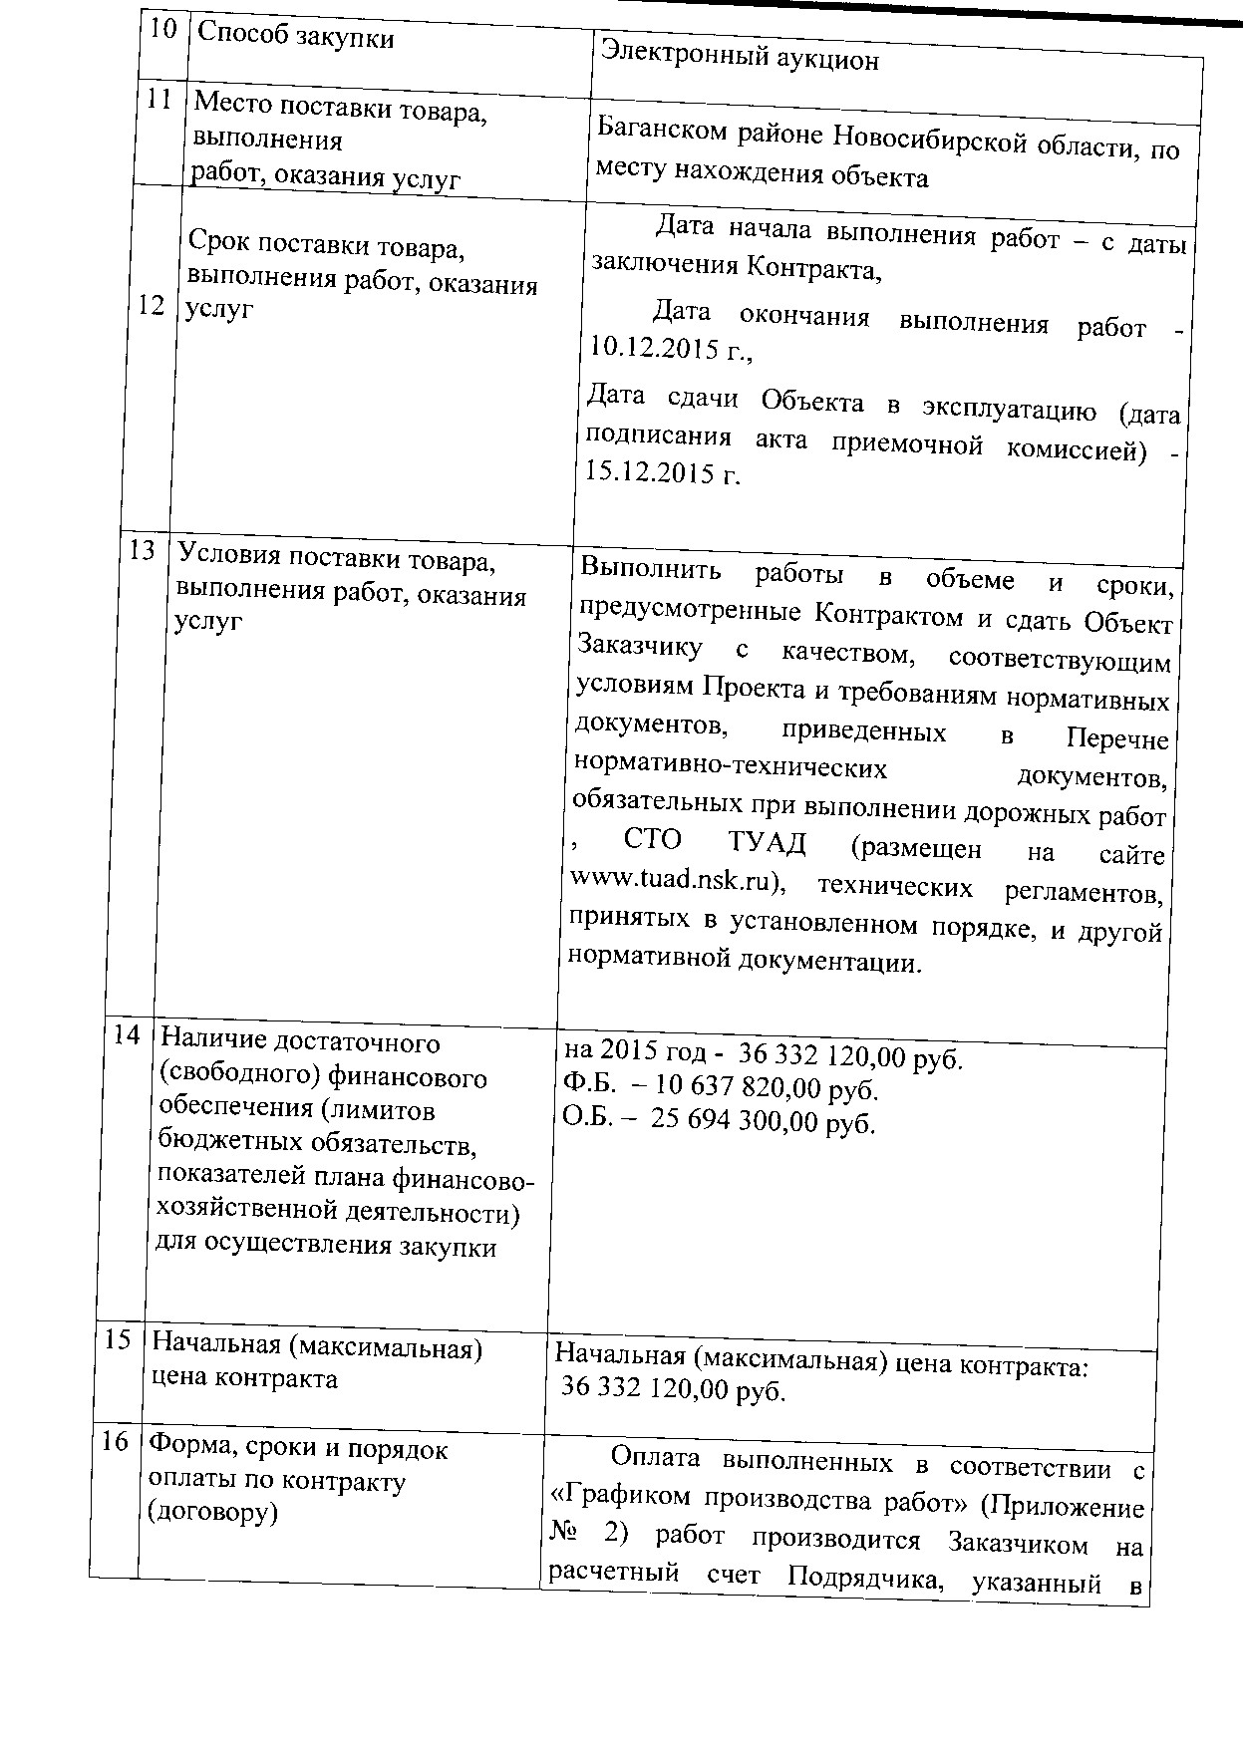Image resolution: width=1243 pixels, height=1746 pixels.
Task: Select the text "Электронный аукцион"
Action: pos(740,59)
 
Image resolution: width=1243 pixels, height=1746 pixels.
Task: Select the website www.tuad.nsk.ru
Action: pos(679,881)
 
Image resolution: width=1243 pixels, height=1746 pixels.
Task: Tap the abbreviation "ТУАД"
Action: pos(766,843)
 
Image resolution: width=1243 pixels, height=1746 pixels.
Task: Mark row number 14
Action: pos(127,1035)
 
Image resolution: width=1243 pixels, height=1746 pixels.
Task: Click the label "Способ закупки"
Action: pos(296,37)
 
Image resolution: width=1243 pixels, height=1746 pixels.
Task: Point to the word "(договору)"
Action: pos(211,1512)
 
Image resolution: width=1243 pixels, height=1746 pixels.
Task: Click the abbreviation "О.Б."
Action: pos(587,1118)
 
